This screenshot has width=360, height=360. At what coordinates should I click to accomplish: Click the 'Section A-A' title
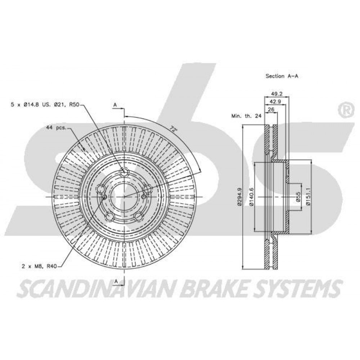pyautogui.click(x=282, y=76)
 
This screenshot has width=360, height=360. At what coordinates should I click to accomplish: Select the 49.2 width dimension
pyautogui.click(x=276, y=94)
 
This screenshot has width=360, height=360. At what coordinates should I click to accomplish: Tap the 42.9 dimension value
pyautogui.click(x=275, y=102)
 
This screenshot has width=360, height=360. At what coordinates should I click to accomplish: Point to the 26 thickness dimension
pyautogui.click(x=271, y=109)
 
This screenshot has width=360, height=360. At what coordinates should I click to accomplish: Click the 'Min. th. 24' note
pyautogui.click(x=246, y=116)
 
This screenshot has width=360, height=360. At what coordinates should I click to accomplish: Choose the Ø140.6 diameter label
pyautogui.click(x=251, y=197)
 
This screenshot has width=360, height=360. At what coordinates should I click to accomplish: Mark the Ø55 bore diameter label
pyautogui.click(x=298, y=197)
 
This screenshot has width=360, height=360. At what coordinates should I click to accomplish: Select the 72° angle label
pyautogui.click(x=174, y=129)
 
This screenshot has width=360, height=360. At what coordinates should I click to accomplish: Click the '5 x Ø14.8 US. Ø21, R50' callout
pyautogui.click(x=45, y=105)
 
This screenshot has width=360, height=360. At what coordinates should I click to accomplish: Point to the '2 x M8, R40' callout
pyautogui.click(x=39, y=266)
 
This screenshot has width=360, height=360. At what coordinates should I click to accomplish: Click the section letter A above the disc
pyautogui.click(x=115, y=105)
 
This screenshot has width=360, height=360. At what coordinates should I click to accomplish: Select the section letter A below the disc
pyautogui.click(x=116, y=281)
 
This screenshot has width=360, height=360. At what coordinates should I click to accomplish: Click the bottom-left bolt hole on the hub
pyautogui.click(x=110, y=216)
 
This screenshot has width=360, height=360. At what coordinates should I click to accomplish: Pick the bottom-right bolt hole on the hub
pyautogui.click(x=138, y=216)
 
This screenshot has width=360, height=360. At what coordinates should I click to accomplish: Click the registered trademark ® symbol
pyautogui.click(x=345, y=110)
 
